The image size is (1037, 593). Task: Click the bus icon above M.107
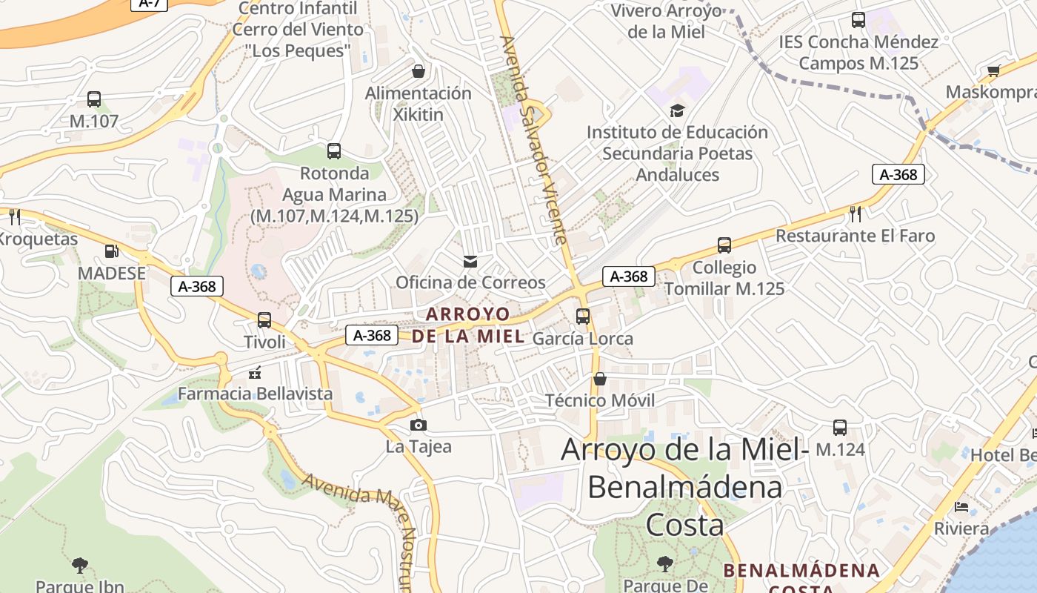click(x=94, y=99)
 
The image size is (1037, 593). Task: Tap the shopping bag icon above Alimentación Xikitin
click(x=419, y=71)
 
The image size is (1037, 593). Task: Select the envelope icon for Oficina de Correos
click(x=470, y=261)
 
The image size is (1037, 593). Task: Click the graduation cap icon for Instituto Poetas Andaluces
click(x=677, y=111)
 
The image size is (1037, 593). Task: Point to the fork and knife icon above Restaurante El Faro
click(x=856, y=214)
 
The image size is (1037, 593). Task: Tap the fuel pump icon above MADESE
click(x=111, y=252)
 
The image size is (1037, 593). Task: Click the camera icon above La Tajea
click(x=419, y=425)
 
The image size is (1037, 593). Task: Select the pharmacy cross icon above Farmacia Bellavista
click(x=256, y=372)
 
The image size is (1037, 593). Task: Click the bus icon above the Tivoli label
click(x=264, y=320)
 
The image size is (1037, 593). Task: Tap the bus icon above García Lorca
click(x=583, y=317)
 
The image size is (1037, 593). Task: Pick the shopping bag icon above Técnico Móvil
click(x=600, y=380)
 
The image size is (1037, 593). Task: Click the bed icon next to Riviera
click(x=961, y=507)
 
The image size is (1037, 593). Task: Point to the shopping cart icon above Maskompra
click(x=993, y=71)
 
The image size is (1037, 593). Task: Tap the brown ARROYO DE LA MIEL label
click(x=468, y=325)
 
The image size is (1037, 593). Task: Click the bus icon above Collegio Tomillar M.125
click(x=724, y=245)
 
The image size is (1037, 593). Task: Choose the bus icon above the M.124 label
click(x=840, y=428)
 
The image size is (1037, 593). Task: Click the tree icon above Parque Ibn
click(x=80, y=566)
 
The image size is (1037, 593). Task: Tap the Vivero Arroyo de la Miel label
click(x=666, y=21)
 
